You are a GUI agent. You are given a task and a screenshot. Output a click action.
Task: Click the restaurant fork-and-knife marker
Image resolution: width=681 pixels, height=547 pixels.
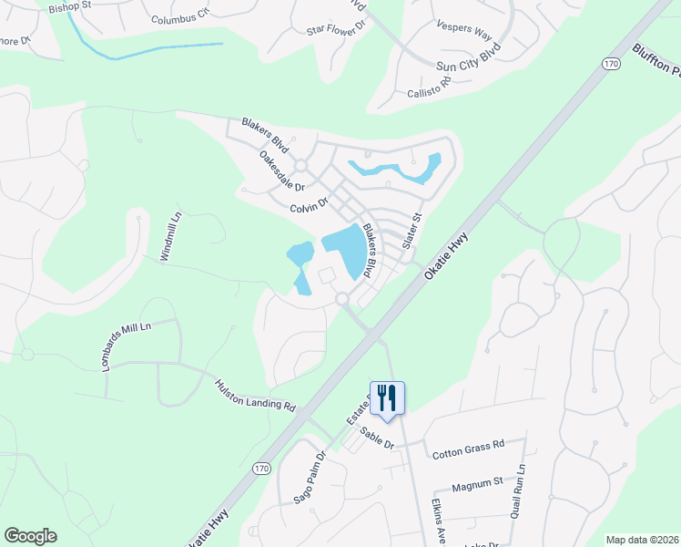387,397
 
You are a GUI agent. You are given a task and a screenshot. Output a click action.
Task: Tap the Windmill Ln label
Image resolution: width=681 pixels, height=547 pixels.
171,236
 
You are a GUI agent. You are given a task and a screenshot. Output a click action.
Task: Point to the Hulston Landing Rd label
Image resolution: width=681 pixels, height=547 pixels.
256,394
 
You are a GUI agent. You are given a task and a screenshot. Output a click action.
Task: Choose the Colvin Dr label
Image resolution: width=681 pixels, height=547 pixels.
309,208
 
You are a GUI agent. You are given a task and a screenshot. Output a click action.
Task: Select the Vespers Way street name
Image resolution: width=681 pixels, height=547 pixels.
464,30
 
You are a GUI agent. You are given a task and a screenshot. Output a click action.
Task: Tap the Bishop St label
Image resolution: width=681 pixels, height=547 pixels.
71,5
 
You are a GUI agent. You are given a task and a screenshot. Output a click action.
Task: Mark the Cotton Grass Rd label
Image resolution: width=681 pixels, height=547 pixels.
468,447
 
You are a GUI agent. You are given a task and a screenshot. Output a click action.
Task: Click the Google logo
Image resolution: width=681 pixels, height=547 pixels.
30,536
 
